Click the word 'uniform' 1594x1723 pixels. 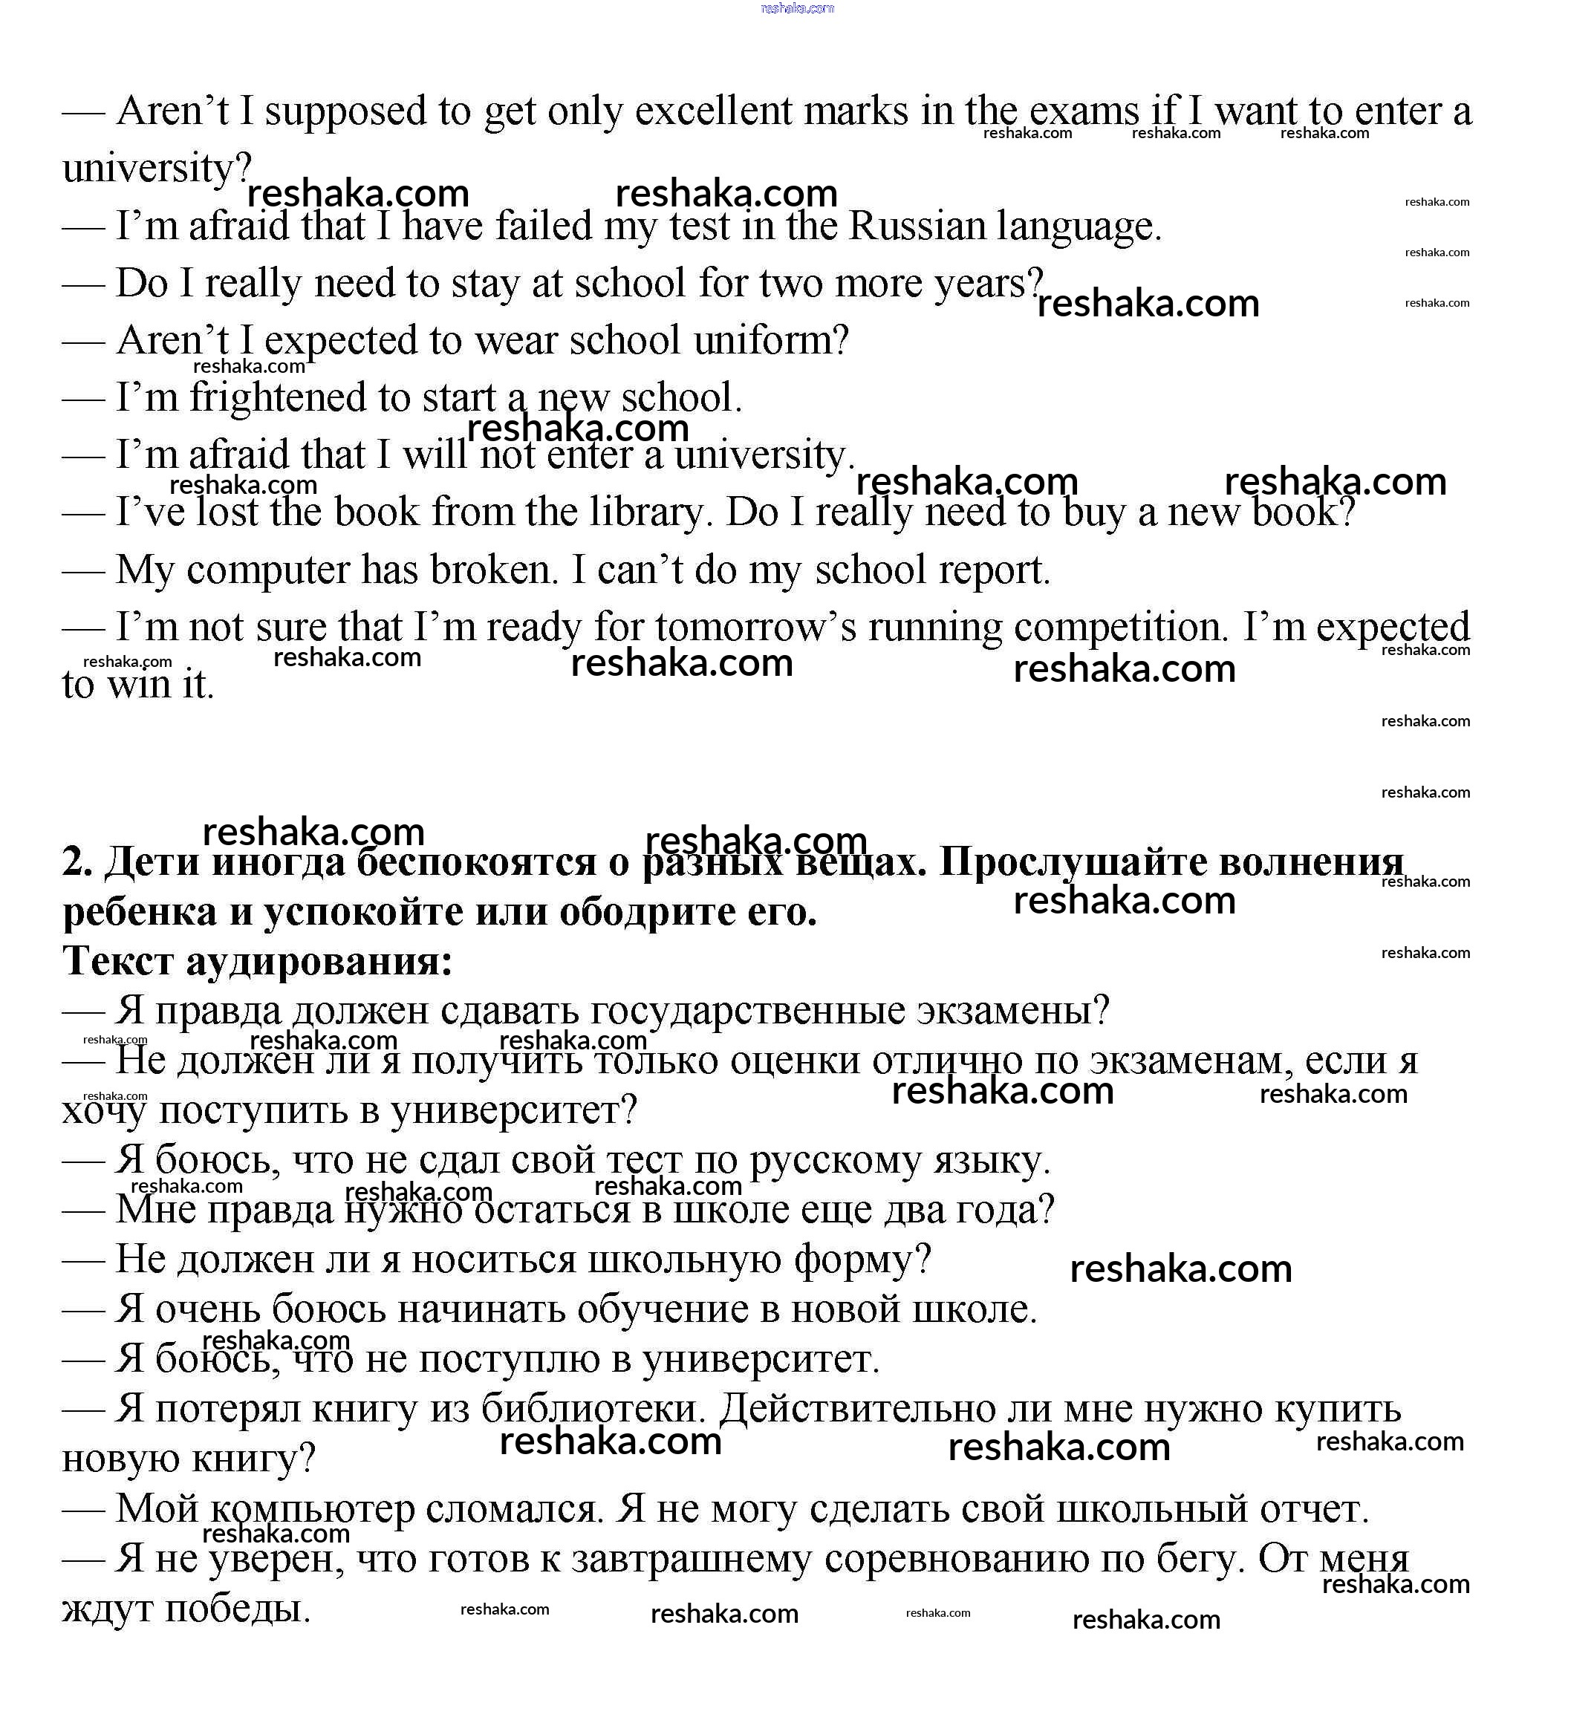pyautogui.click(x=761, y=342)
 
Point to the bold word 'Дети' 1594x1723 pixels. pyautogui.click(x=152, y=862)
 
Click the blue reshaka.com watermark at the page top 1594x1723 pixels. pyautogui.click(x=797, y=9)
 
